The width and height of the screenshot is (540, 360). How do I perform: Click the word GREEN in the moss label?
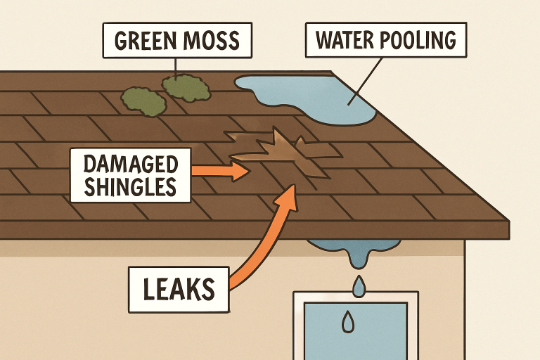click(143, 40)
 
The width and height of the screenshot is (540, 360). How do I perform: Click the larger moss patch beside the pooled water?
click(187, 87)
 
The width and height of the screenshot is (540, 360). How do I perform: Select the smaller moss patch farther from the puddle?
click(144, 101)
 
